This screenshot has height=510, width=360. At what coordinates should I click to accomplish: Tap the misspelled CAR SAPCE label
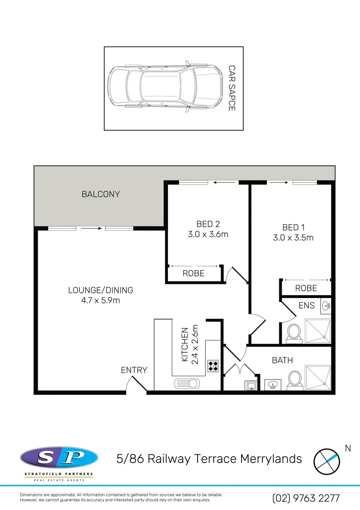pyautogui.click(x=231, y=88)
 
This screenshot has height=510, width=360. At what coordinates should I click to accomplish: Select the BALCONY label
pyautogui.click(x=100, y=194)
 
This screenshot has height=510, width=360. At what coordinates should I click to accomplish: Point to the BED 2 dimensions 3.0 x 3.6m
pyautogui.click(x=208, y=234)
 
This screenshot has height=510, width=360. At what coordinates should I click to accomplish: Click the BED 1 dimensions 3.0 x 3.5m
pyautogui.click(x=293, y=238)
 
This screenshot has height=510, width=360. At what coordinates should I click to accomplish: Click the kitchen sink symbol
pyautogui.click(x=185, y=383)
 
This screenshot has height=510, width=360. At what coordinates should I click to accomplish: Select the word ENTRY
pyautogui.click(x=134, y=370)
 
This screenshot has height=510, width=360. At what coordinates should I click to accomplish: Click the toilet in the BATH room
pyautogui.click(x=295, y=378)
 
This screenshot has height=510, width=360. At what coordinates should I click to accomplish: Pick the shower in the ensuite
pyautogui.click(x=318, y=331)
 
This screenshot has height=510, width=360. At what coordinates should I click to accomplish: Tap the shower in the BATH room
pyautogui.click(x=318, y=378)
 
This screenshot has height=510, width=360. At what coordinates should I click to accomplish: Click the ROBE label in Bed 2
pyautogui.click(x=193, y=273)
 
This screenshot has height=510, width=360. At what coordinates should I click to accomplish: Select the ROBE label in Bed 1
pyautogui.click(x=306, y=288)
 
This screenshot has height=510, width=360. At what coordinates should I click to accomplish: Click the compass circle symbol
pyautogui.click(x=327, y=459)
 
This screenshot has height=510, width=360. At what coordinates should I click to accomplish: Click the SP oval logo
pyautogui.click(x=59, y=458)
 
